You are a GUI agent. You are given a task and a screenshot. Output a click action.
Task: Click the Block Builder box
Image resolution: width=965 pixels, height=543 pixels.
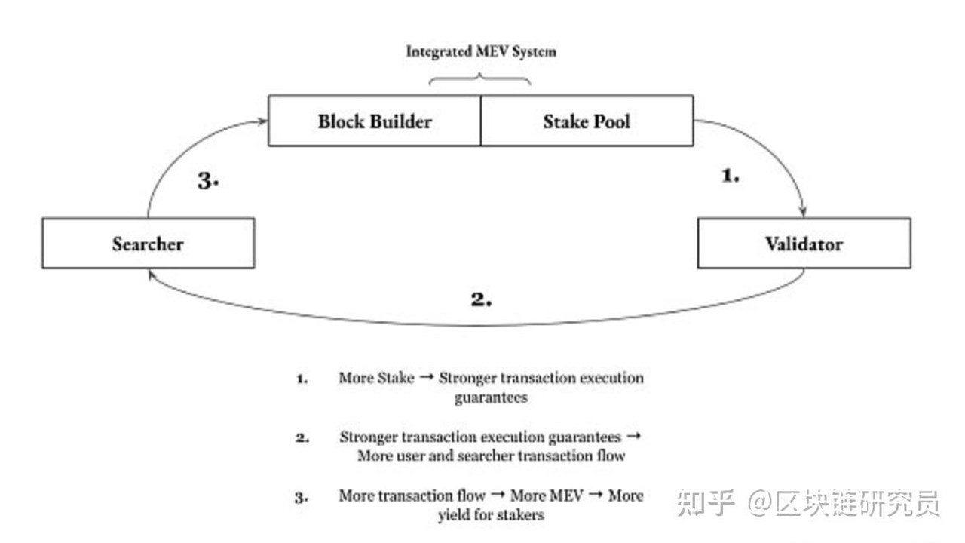375,121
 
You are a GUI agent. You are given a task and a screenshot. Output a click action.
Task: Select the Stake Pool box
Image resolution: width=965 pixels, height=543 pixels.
587,121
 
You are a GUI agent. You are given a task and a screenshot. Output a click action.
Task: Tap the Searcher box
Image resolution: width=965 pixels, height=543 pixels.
149,244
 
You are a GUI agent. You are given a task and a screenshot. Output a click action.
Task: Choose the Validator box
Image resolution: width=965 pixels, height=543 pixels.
804,244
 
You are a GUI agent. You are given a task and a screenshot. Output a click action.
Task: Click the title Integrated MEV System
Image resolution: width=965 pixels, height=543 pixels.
481,52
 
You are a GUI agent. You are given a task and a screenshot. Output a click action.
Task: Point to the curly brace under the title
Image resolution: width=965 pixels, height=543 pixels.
480,79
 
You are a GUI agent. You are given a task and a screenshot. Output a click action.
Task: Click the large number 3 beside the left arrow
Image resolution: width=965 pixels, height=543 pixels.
208,180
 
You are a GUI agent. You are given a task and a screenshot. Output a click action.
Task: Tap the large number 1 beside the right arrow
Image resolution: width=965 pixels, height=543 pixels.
731,176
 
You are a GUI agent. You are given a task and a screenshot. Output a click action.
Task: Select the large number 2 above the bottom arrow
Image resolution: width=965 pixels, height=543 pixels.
481,299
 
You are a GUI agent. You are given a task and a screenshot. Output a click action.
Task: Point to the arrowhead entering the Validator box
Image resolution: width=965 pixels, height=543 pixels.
803,212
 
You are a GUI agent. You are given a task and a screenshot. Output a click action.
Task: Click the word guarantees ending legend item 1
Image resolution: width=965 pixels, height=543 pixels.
491,397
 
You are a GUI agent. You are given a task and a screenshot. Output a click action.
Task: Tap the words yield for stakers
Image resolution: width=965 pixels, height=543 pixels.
491,515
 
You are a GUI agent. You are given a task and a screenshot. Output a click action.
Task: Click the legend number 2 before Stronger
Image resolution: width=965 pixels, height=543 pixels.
302,438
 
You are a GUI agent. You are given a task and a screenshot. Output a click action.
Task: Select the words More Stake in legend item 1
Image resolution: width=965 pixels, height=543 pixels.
376,378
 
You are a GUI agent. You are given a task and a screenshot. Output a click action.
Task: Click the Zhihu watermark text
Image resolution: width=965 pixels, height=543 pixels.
808,503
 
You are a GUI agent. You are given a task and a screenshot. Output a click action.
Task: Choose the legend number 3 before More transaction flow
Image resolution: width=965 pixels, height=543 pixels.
302,498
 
